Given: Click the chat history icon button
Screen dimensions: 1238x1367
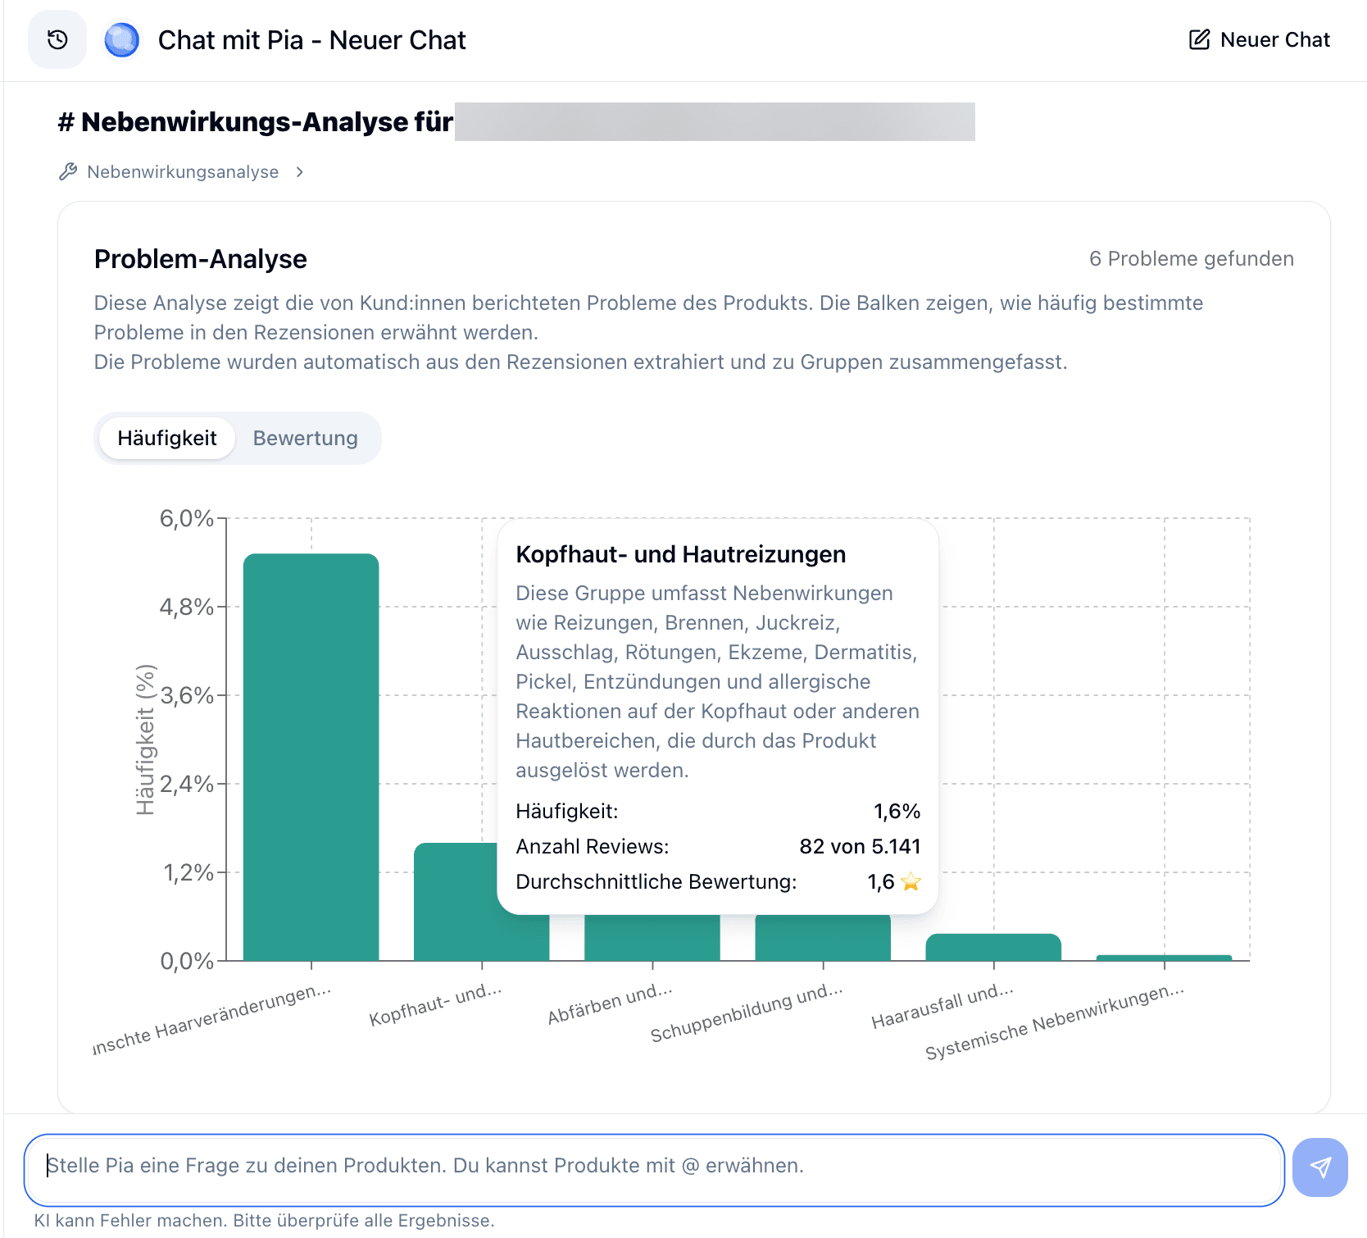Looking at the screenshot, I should (57, 39).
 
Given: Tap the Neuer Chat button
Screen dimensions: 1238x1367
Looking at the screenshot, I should (1260, 39).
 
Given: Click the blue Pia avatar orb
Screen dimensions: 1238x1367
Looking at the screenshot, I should (122, 39).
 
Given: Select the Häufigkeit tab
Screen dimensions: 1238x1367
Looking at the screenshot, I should (167, 438).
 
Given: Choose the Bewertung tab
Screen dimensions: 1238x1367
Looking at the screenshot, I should (305, 438).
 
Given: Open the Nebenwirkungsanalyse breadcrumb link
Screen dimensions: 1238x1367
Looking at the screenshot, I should (183, 172).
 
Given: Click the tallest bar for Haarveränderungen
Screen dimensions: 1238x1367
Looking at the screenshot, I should (311, 754).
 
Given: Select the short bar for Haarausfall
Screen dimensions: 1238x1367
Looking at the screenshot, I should (993, 947).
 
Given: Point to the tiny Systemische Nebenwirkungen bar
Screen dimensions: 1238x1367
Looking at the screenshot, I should (1164, 958).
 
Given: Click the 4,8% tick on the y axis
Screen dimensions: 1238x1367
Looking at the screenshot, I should (187, 607).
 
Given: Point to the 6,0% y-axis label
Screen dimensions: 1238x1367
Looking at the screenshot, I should (187, 518).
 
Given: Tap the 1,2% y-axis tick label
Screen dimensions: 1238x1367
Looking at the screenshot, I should (188, 872).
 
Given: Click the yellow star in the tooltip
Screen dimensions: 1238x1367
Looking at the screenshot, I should (911, 881).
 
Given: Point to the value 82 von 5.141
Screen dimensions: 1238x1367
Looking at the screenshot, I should (860, 846).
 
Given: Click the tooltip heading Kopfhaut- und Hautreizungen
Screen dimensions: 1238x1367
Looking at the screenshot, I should (680, 554).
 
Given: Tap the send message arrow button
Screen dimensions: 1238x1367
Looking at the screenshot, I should (1319, 1167).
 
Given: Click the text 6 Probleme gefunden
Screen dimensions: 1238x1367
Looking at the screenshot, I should (1191, 259).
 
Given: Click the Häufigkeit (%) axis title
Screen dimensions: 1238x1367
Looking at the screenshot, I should (145, 740).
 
